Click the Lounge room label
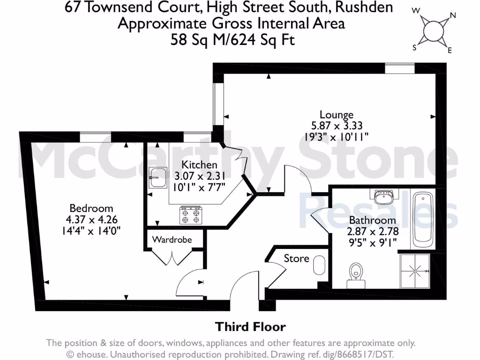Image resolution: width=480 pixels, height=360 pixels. pyautogui.click(x=336, y=114)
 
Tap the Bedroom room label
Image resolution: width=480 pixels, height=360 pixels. pyautogui.click(x=91, y=208)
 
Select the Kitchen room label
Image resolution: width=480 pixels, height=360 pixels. pyautogui.click(x=199, y=165)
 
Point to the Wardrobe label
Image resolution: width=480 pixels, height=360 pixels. pyautogui.click(x=172, y=240)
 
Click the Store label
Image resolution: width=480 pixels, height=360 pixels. pyautogui.click(x=296, y=258)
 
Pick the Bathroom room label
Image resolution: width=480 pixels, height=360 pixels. pyautogui.click(x=372, y=220)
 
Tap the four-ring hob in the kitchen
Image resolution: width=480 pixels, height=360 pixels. pyautogui.click(x=190, y=216)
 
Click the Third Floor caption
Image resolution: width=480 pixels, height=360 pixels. pyautogui.click(x=250, y=326)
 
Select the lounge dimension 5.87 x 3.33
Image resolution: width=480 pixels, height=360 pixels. pyautogui.click(x=336, y=126)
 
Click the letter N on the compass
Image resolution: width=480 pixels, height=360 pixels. pyautogui.click(x=453, y=15)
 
